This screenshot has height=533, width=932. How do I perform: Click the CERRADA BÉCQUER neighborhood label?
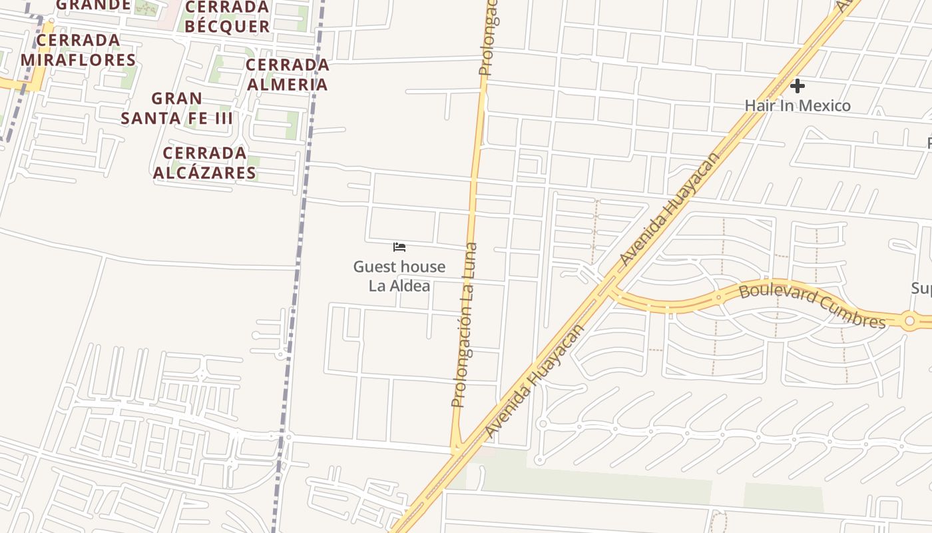click(227, 17)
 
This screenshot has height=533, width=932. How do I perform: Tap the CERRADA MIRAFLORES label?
click(78, 50)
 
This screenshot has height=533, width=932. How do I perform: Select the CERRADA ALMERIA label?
click(288, 75)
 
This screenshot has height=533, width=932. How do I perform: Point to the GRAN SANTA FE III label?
click(176, 109)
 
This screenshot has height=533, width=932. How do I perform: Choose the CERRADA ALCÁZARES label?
click(204, 163)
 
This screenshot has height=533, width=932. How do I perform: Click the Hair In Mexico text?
click(797, 105)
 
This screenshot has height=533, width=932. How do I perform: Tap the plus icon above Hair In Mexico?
click(797, 86)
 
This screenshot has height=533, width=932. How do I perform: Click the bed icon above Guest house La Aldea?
click(399, 247)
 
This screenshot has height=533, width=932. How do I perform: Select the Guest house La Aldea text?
click(399, 276)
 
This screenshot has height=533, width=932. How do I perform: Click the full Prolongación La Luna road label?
click(465, 326)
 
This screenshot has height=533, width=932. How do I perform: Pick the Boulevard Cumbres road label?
click(812, 306)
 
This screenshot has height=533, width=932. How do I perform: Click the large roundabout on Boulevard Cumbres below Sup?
click(909, 320)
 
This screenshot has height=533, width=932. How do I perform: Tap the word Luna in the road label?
click(471, 261)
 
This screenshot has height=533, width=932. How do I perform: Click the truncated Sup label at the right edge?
click(921, 288)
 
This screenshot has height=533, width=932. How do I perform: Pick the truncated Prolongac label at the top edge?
click(488, 37)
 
